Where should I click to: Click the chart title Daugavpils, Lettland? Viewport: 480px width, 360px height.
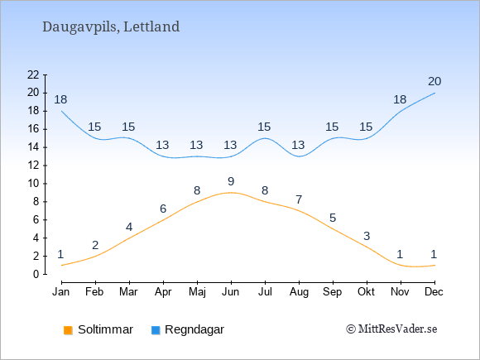point(111,27)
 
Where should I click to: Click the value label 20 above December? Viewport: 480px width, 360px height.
point(434,81)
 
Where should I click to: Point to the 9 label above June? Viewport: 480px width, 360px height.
point(231,181)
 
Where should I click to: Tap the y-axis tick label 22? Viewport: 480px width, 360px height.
point(33,74)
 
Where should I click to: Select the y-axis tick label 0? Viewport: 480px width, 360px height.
point(36,274)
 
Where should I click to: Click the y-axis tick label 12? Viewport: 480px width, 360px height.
point(33,166)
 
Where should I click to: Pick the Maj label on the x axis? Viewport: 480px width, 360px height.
point(197,292)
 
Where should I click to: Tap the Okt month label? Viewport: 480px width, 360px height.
point(366,292)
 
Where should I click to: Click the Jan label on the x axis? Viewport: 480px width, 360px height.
point(61,292)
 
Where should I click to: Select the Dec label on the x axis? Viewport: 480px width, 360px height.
point(434,292)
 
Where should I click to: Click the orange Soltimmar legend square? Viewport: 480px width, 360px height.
point(68,330)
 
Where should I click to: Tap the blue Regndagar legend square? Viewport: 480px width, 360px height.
point(156,330)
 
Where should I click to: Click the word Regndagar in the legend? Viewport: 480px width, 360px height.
point(194,330)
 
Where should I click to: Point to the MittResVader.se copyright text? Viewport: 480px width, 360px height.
point(391,329)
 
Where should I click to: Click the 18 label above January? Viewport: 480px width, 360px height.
point(60,99)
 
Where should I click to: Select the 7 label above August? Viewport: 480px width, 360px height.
point(299,199)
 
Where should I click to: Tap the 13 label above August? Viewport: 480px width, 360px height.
point(298,145)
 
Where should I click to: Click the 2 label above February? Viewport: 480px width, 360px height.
point(95,245)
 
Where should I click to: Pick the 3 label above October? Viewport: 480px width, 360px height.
point(367,236)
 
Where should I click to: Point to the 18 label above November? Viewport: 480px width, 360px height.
point(400,99)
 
